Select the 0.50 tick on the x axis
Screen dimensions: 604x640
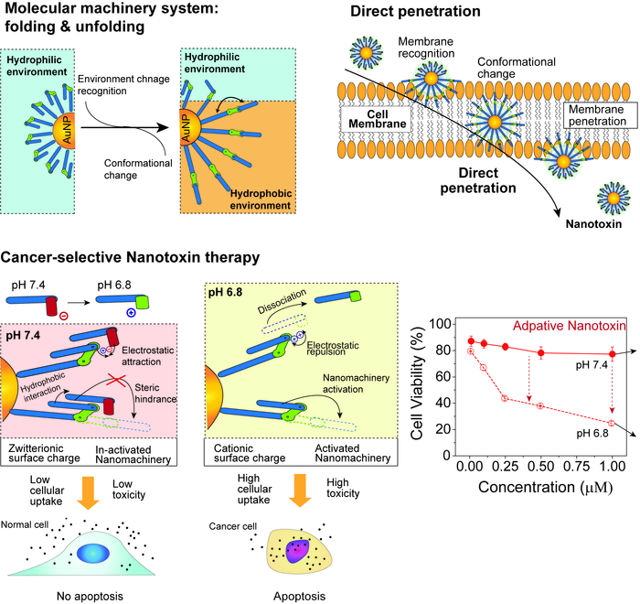point(540,467)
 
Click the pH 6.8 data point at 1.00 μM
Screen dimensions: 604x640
point(612,423)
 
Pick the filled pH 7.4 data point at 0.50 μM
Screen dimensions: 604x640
point(540,352)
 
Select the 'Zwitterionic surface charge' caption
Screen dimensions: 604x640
point(48,451)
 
